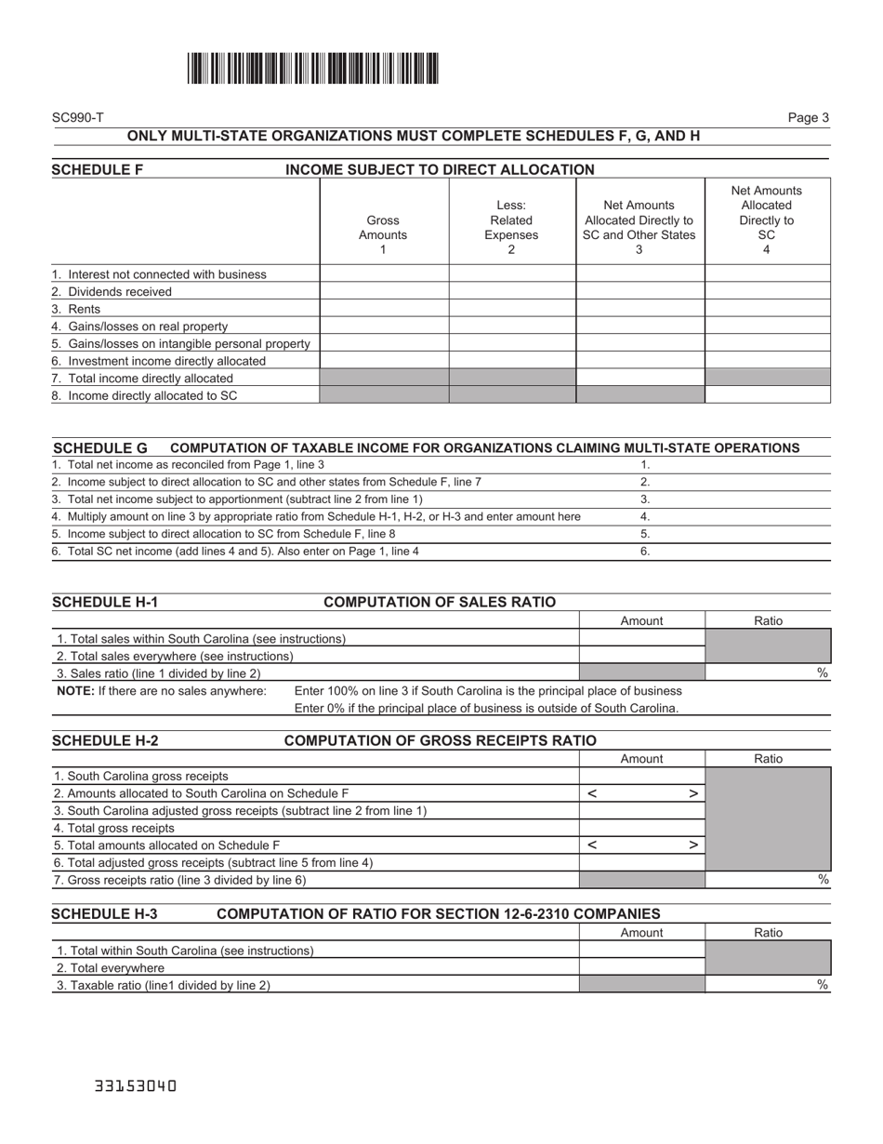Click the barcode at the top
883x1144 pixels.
click(313, 69)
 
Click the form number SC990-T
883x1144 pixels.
click(78, 118)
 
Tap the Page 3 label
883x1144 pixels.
click(808, 118)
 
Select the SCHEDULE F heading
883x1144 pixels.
click(98, 170)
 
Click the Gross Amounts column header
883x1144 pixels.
click(383, 228)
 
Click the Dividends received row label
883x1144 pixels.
click(112, 292)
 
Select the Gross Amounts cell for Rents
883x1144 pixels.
click(384, 309)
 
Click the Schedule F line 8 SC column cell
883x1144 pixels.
click(767, 395)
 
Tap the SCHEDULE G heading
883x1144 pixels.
click(100, 448)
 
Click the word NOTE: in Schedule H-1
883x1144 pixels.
click(74, 691)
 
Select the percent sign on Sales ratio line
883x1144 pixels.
click(823, 673)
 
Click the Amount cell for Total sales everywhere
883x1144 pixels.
click(641, 656)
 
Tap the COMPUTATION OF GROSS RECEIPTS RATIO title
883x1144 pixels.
click(440, 741)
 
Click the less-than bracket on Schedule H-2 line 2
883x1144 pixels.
click(592, 794)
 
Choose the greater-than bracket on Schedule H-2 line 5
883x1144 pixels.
click(692, 846)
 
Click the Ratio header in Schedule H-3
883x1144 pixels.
click(768, 933)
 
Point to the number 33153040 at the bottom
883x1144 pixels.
click(136, 1086)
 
